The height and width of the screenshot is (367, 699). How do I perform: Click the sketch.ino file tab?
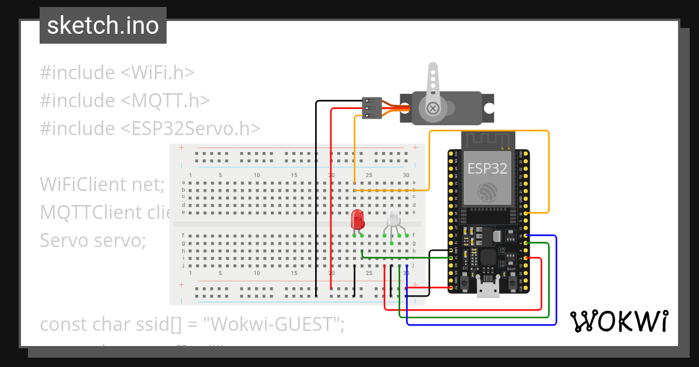point(103,26)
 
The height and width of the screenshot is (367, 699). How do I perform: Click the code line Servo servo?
point(93,239)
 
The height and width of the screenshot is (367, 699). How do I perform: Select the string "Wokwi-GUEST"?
point(273,324)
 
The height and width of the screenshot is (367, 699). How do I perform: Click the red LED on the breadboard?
point(358,220)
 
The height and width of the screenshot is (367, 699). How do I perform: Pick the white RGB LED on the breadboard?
point(394,220)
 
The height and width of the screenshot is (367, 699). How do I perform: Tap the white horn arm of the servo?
point(432,82)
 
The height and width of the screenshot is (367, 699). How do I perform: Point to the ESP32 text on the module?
point(488,169)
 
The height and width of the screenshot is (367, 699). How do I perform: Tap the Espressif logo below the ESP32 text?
point(488,192)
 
